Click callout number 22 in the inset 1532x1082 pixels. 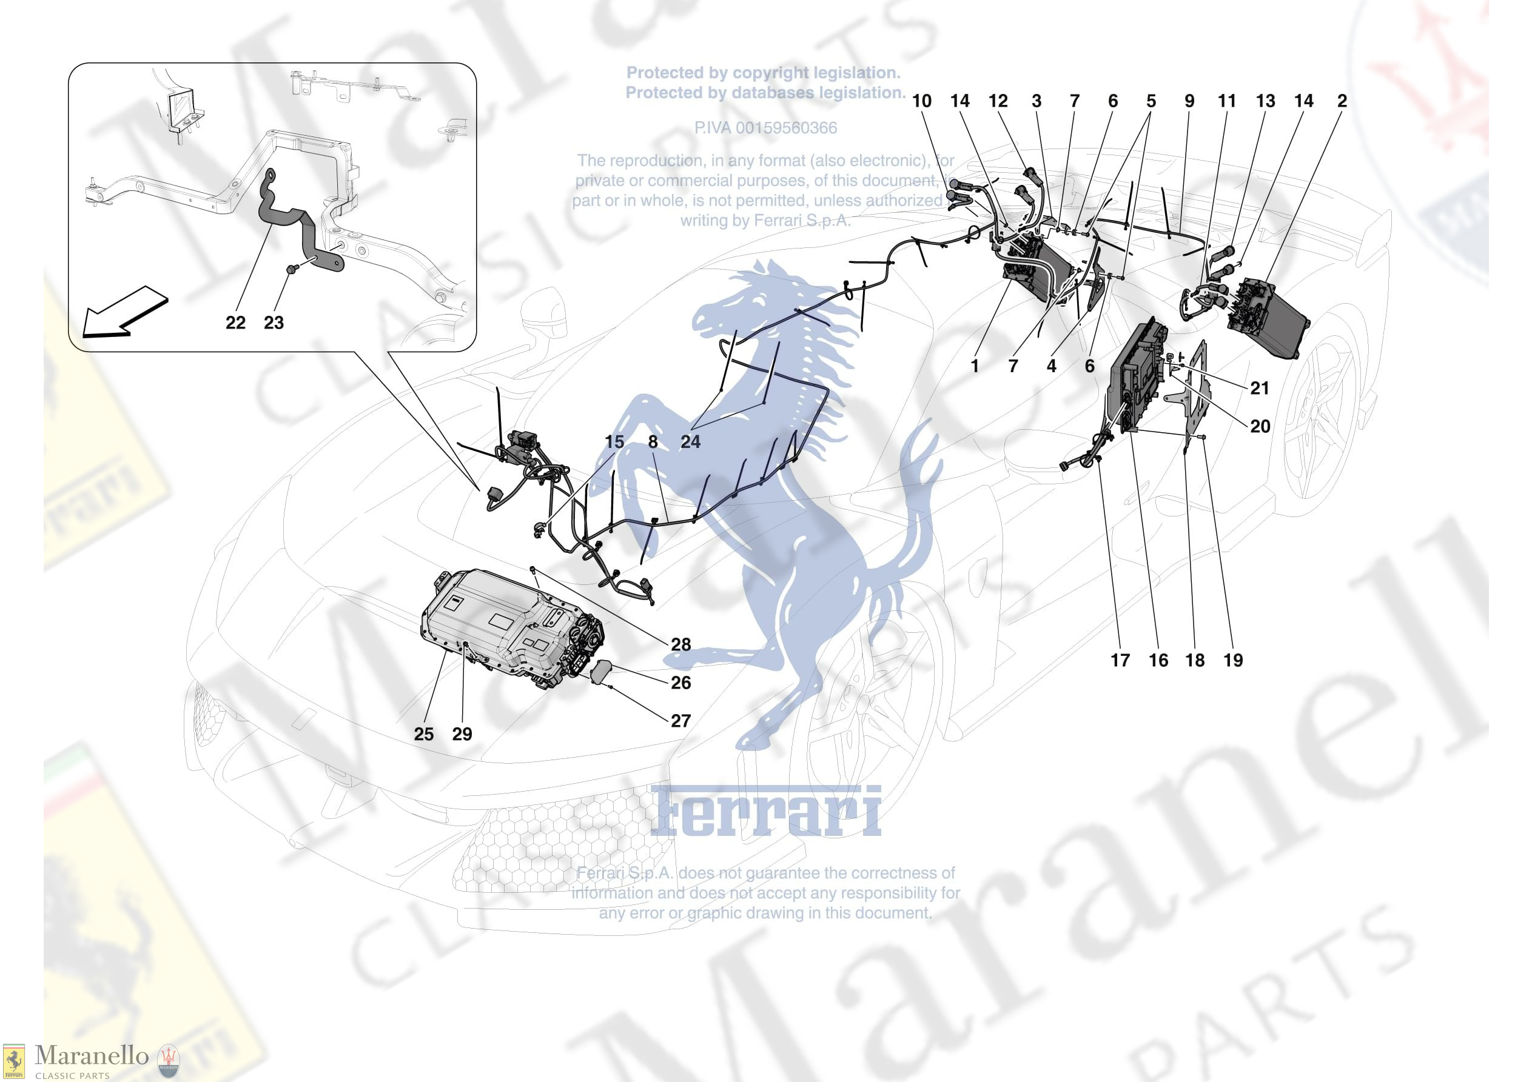click(x=235, y=323)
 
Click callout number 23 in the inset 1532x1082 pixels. click(x=274, y=323)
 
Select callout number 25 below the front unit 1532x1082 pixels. click(x=424, y=735)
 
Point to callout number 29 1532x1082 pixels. click(x=462, y=735)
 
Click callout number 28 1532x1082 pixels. click(x=680, y=644)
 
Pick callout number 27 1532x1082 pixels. click(x=680, y=721)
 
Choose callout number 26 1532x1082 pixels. click(x=680, y=683)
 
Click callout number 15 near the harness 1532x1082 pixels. click(x=614, y=442)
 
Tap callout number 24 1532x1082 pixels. click(x=691, y=442)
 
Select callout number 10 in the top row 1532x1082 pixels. click(x=921, y=101)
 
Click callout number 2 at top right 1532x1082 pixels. click(x=1342, y=101)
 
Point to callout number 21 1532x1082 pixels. click(x=1260, y=388)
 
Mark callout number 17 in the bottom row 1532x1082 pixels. click(x=1120, y=660)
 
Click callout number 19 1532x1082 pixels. click(x=1233, y=660)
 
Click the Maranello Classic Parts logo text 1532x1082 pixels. click(x=92, y=1056)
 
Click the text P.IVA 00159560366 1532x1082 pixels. click(x=765, y=128)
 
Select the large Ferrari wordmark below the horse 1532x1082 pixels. click(x=765, y=812)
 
